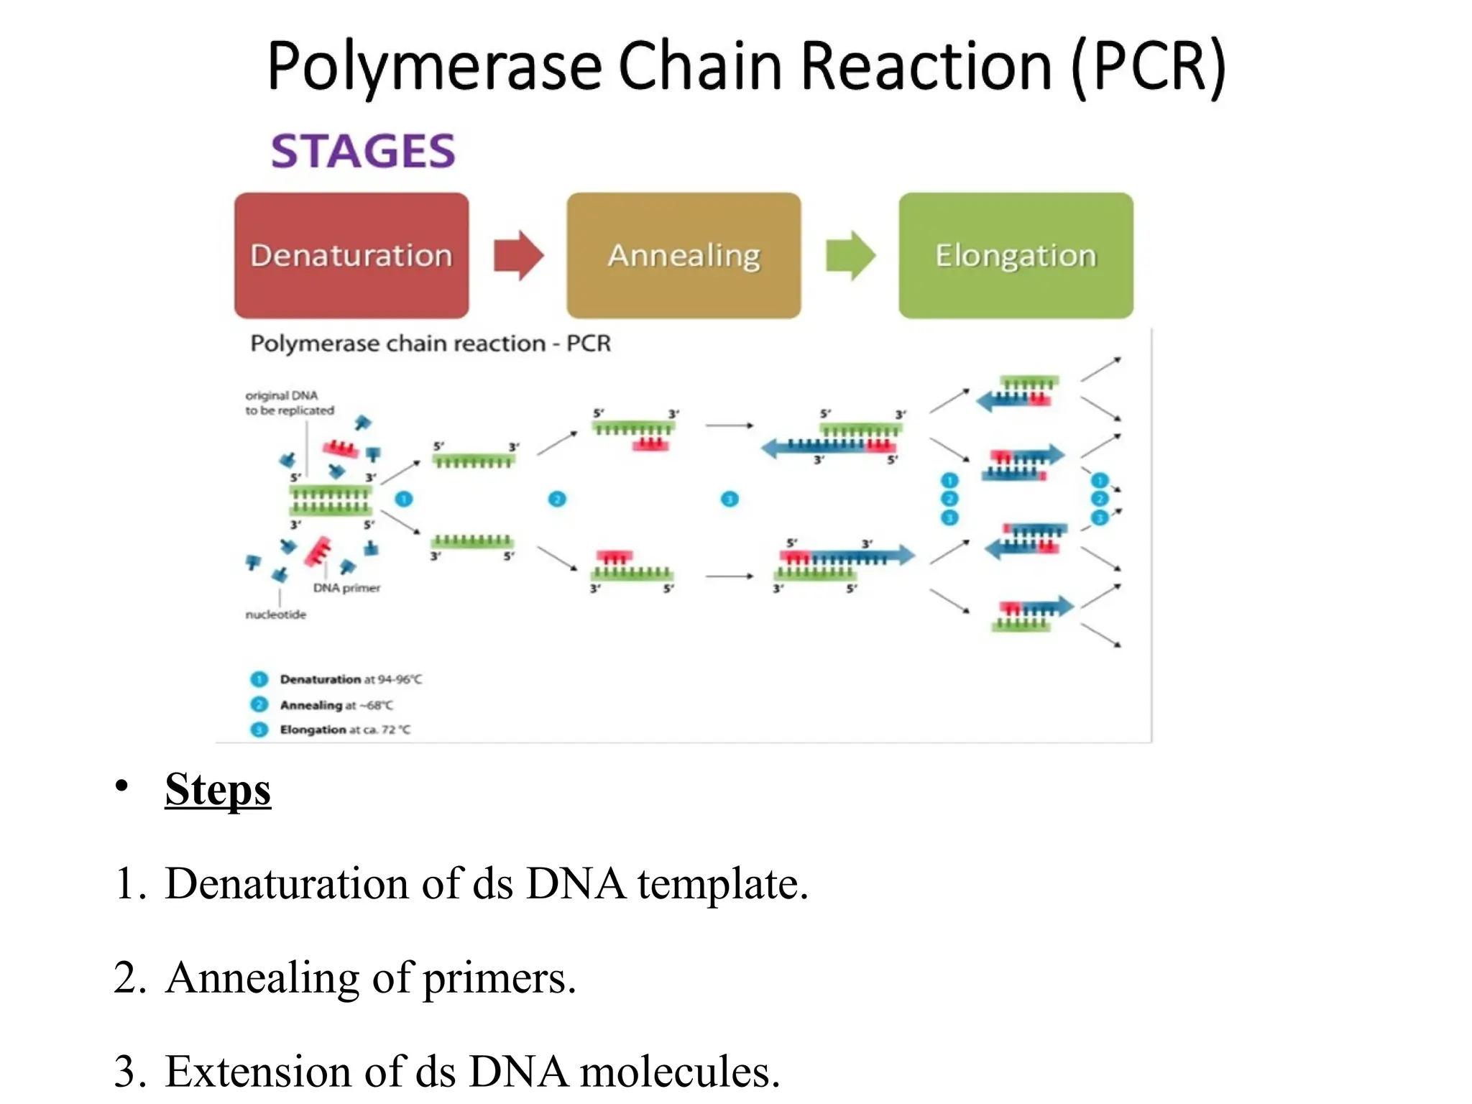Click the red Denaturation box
point(351,255)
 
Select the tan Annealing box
point(684,255)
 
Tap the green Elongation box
point(1016,255)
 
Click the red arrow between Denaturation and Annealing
point(518,255)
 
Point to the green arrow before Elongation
point(850,255)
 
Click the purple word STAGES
point(363,151)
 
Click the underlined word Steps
point(218,789)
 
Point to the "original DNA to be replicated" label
point(289,402)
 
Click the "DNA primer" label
point(346,588)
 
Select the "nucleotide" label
point(275,615)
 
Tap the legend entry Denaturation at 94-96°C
point(350,679)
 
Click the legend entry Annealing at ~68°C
point(336,705)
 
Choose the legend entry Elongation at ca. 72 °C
point(344,730)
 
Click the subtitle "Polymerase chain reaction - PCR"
point(431,344)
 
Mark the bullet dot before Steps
point(122,786)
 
